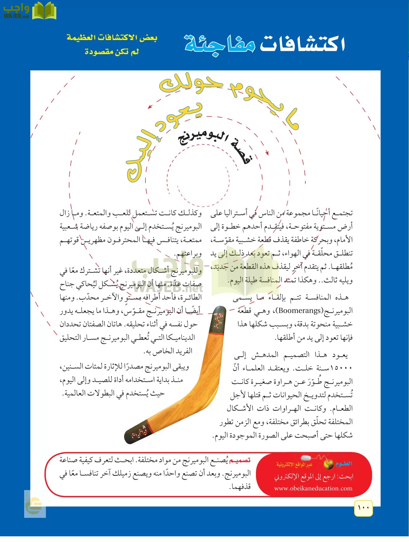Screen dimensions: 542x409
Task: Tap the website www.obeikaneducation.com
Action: coord(313,488)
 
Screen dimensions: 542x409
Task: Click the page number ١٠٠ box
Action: coord(364,508)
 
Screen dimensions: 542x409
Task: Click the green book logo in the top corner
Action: coord(44,11)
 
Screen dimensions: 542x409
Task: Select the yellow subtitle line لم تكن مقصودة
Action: coord(112,52)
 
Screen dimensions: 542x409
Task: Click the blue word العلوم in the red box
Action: coord(344,464)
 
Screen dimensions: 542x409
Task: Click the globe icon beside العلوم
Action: coord(328,464)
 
